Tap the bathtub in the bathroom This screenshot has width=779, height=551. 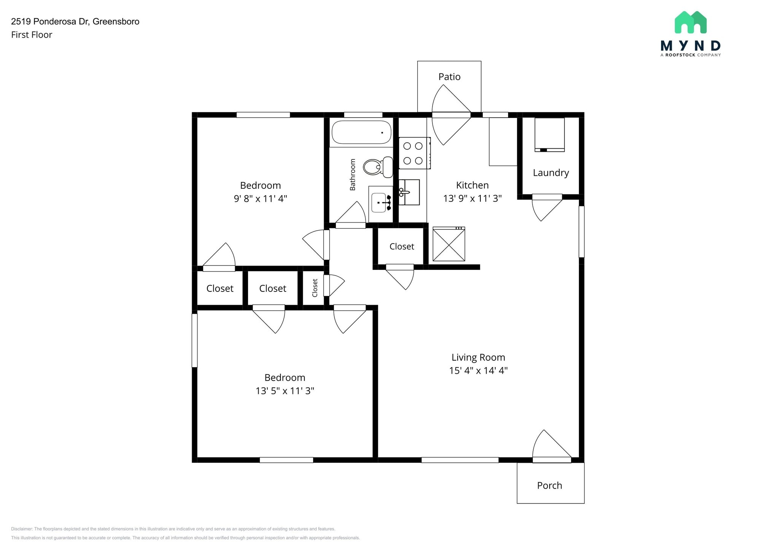(361, 132)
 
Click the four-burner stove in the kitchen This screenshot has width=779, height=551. (414, 153)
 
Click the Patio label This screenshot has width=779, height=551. (449, 77)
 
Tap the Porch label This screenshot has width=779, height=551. (549, 486)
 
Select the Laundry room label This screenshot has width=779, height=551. (550, 173)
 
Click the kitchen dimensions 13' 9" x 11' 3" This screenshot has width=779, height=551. (472, 199)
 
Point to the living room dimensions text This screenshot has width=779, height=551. (478, 371)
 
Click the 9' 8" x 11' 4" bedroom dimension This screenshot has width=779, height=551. (260, 199)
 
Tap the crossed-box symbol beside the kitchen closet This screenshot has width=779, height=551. (449, 245)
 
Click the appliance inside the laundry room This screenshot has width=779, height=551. (549, 134)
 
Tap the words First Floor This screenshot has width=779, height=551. (32, 35)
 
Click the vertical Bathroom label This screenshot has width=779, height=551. (353, 175)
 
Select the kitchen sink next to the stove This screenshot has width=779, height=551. (409, 192)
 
